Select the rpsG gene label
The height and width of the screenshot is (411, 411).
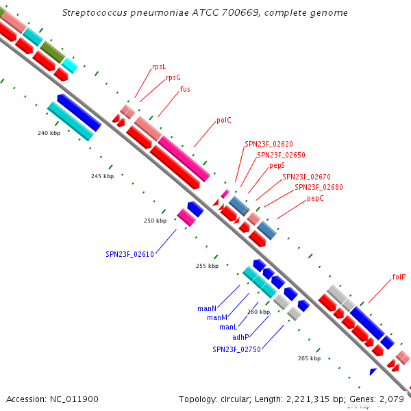tap(173, 77)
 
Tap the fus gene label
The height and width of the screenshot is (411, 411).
tap(185, 89)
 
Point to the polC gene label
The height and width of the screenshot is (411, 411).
tap(224, 120)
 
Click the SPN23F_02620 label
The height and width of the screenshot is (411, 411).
tap(269, 145)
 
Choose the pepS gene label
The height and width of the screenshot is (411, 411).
tap(277, 166)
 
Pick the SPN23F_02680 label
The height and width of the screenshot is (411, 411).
tap(319, 187)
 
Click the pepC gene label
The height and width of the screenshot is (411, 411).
tap(315, 198)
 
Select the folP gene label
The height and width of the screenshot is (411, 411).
tap(399, 277)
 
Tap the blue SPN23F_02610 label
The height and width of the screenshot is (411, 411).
tap(129, 254)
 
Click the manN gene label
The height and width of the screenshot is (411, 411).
tap(207, 308)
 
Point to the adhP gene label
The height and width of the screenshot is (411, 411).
tap(240, 337)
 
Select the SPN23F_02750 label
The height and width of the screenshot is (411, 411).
tap(236, 349)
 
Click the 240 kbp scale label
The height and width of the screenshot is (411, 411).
tap(49, 133)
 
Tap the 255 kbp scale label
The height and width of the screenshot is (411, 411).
tap(207, 266)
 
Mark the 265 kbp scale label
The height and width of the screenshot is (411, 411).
tap(309, 358)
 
